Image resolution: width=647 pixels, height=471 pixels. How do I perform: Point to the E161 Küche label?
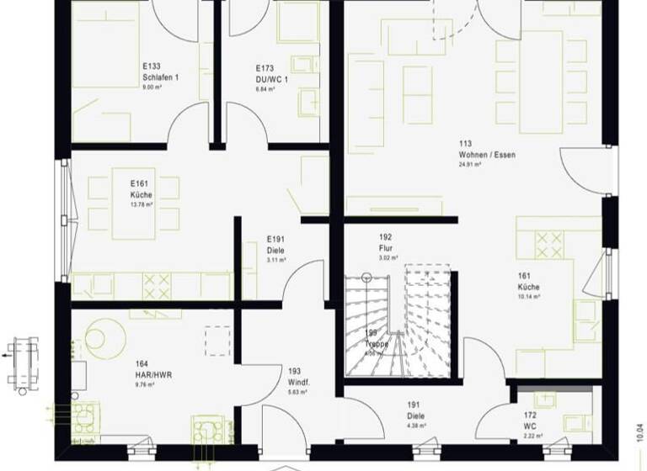point(139,188)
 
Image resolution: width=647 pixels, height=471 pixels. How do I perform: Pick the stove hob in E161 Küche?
point(157,286)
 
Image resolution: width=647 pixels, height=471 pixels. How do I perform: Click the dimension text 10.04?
point(639,438)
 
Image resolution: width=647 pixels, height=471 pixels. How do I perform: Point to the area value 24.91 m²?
point(470,165)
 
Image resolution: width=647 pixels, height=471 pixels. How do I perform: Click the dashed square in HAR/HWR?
point(217,341)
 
